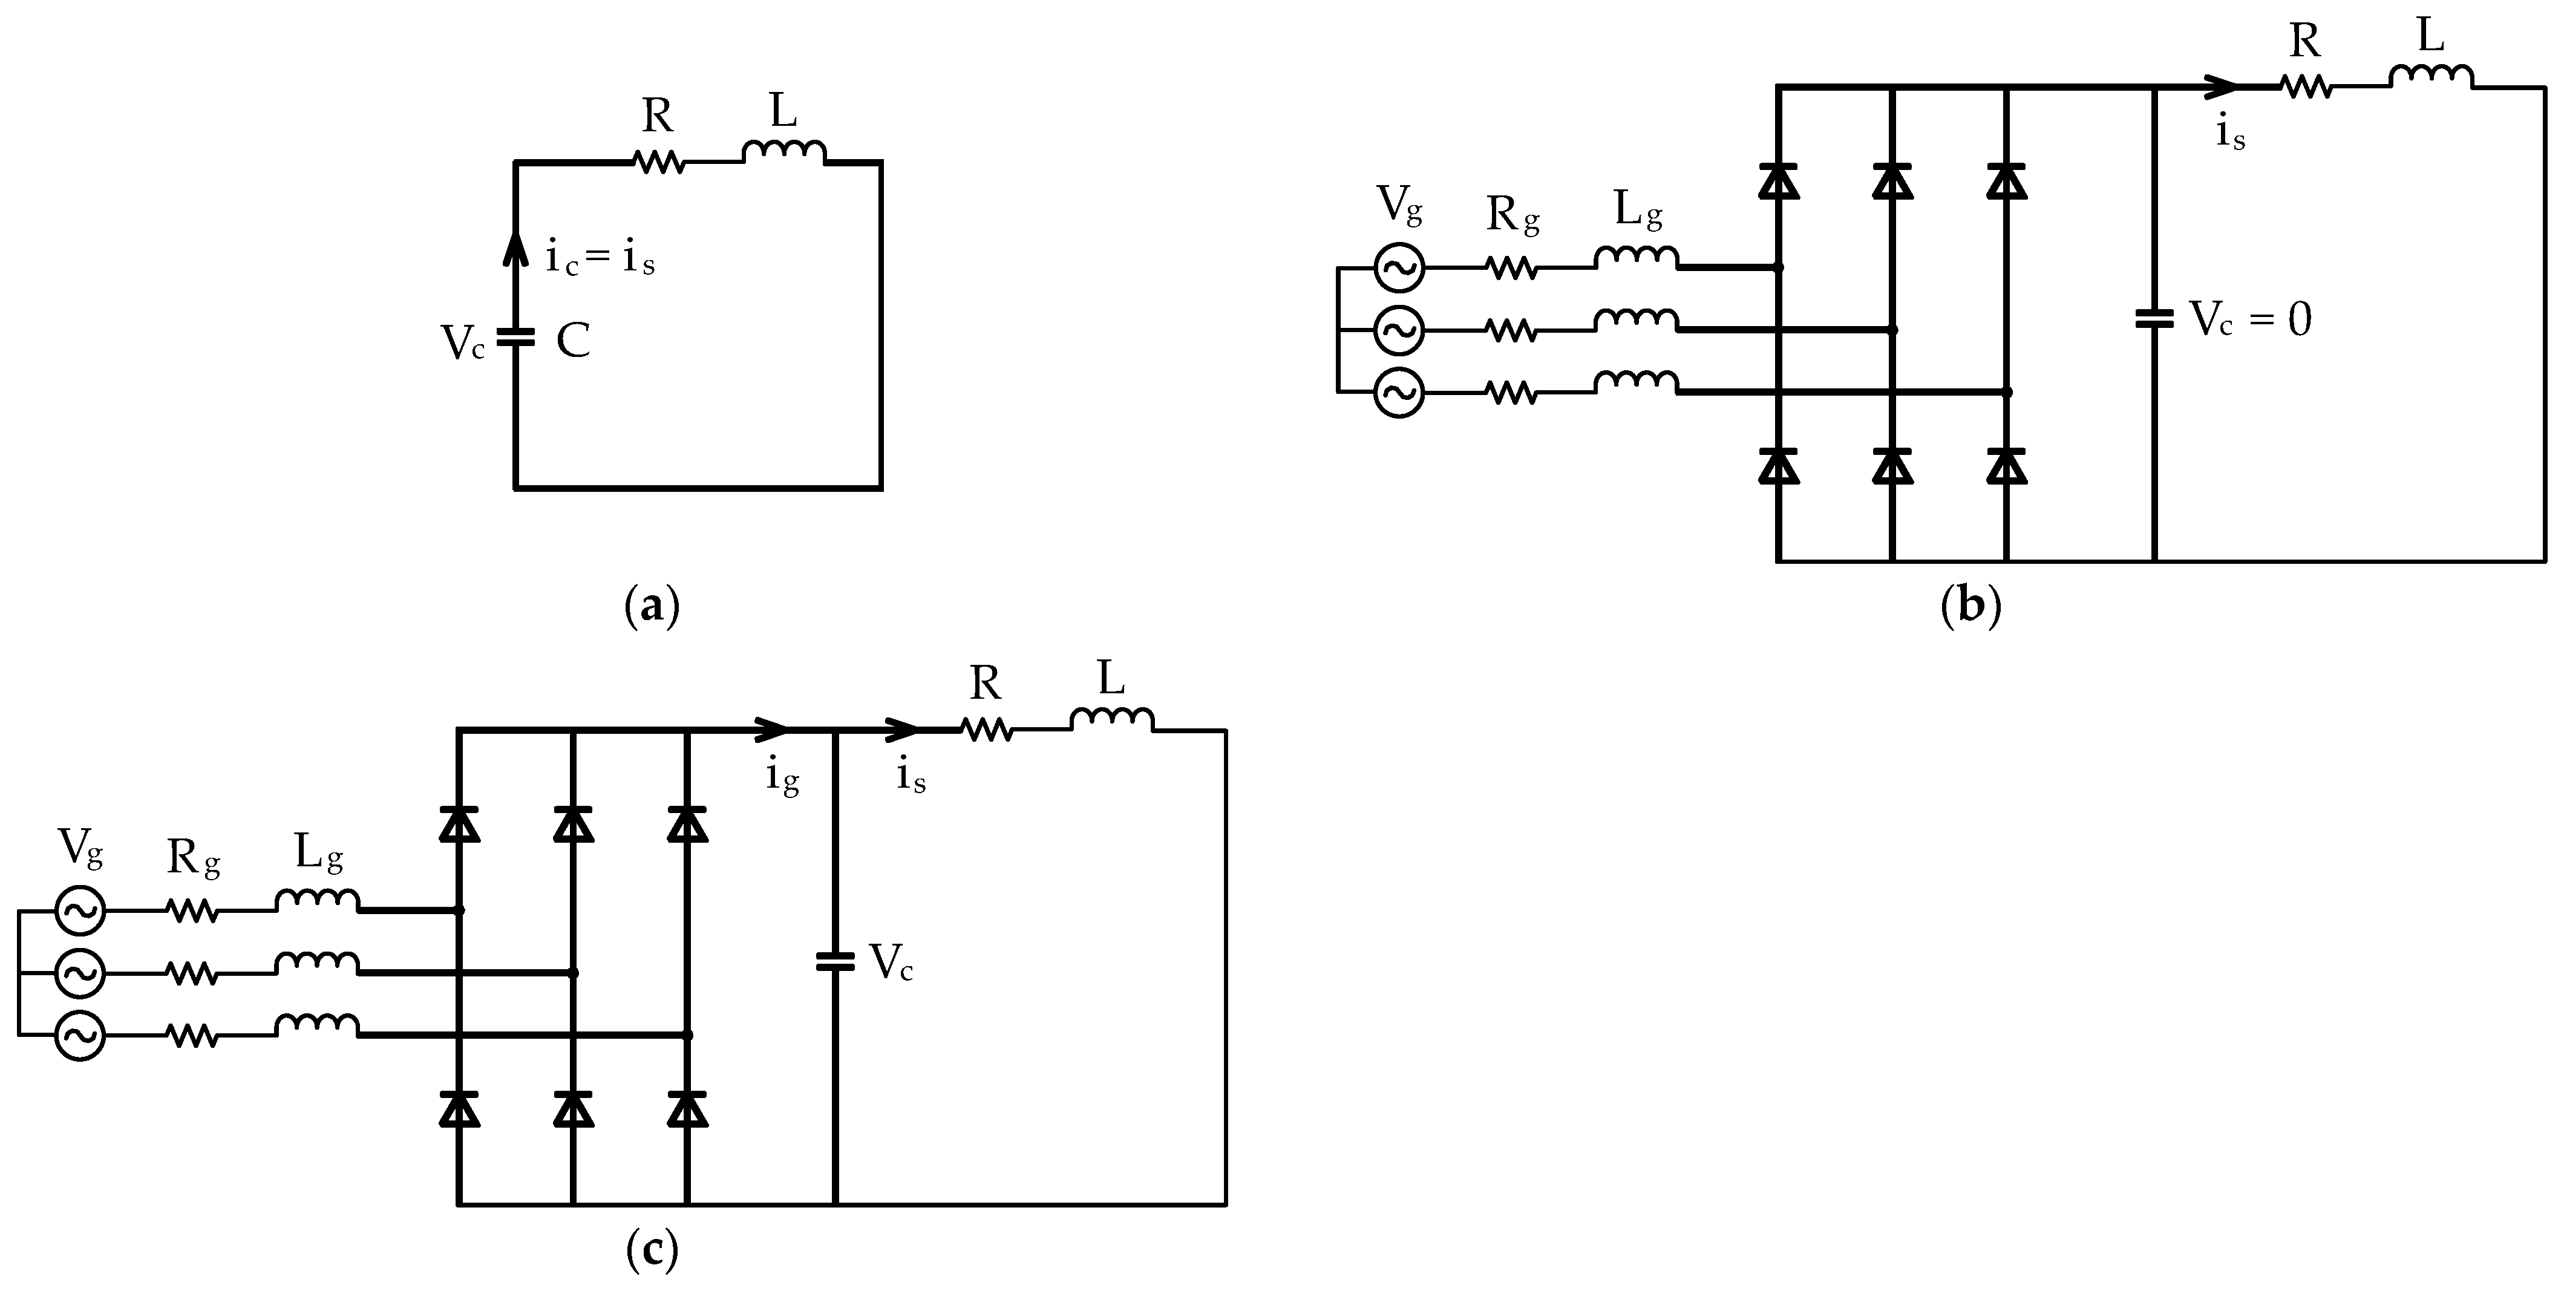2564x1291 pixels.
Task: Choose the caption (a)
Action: [652, 605]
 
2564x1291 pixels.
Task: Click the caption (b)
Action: [1970, 605]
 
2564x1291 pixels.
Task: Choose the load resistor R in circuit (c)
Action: [986, 730]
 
